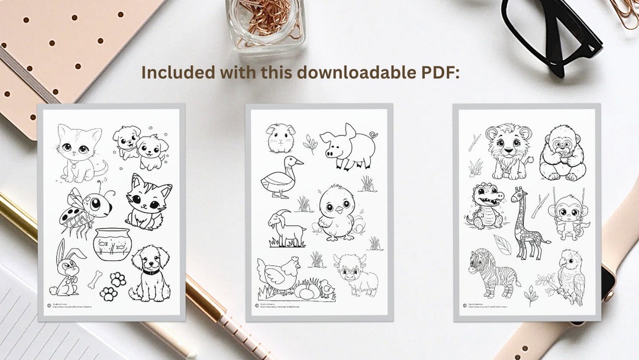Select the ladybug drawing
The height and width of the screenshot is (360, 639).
pyautogui.click(x=86, y=208)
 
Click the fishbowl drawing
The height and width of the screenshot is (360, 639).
pyautogui.click(x=112, y=244)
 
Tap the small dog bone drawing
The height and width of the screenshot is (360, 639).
pyautogui.click(x=95, y=279)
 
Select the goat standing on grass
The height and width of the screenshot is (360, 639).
pyautogui.click(x=285, y=229)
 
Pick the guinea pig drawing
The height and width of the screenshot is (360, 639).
pyautogui.click(x=280, y=138)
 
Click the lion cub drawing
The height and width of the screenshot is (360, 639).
pyautogui.click(x=508, y=151)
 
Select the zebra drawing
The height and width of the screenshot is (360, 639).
pyautogui.click(x=493, y=272)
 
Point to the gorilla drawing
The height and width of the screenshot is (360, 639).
pyautogui.click(x=562, y=153)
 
